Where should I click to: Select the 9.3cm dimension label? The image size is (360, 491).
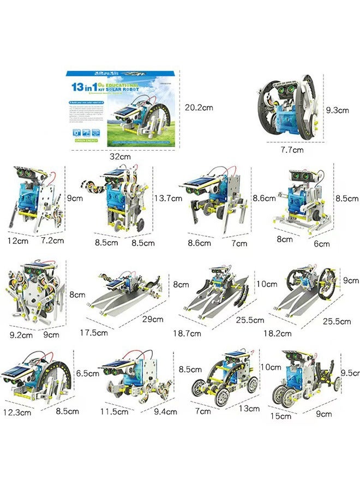[x=337, y=110]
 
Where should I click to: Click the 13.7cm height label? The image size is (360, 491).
[x=168, y=199]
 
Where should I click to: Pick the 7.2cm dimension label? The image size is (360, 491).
[x=53, y=240]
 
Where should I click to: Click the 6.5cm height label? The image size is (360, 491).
[x=88, y=374]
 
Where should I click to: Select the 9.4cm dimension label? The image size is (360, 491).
[x=165, y=411]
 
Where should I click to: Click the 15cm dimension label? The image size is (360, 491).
[x=281, y=416]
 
